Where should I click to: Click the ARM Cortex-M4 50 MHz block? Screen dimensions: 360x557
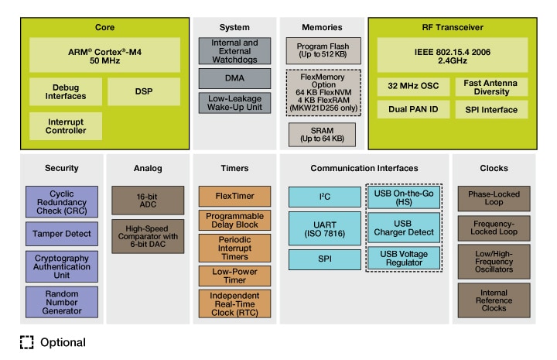coord(105,55)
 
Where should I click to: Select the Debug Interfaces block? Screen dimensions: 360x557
coord(65,91)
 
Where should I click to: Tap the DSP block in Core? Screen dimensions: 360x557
coord(144,91)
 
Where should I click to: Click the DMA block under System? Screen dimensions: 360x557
coord(234,78)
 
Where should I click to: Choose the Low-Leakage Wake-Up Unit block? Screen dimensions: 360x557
coord(234,104)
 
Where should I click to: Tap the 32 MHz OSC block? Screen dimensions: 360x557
coord(409,87)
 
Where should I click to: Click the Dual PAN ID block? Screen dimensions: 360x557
coord(409,110)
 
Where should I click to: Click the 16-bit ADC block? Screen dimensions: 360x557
coord(147,200)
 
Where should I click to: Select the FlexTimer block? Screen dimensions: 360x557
coord(236,196)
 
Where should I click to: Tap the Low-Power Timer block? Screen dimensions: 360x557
coord(236,275)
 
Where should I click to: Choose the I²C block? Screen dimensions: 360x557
coord(323,197)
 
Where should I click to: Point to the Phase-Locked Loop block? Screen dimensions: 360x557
coord(494,198)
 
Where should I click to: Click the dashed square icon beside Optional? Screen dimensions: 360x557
coord(27,342)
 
